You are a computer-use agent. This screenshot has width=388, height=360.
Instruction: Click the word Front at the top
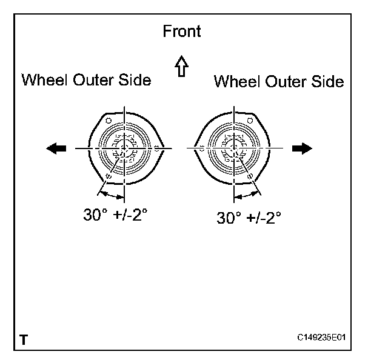181,31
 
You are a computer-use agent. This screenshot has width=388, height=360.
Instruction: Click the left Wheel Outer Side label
86,80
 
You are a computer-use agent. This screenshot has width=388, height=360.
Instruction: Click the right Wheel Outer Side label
279,81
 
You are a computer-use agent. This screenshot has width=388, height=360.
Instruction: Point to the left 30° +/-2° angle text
115,215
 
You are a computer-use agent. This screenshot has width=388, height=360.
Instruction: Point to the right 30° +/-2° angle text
249,218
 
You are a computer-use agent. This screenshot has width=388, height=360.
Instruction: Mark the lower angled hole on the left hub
108,176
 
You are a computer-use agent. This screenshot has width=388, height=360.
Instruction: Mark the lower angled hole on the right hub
250,176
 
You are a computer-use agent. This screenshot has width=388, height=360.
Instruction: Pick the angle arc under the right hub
246,196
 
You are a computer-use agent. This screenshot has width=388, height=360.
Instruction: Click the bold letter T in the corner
23,340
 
